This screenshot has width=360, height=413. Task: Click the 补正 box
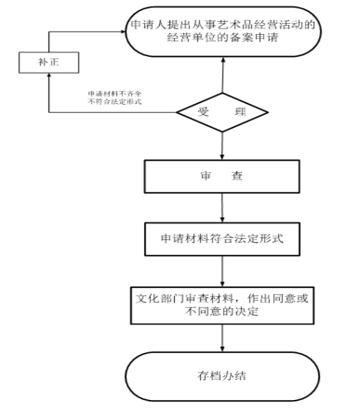coord(49,62)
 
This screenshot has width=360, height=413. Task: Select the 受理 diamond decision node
coord(222,112)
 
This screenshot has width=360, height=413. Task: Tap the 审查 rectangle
coord(222,176)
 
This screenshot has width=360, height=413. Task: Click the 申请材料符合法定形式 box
coord(222,239)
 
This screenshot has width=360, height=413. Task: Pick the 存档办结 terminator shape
coord(222,376)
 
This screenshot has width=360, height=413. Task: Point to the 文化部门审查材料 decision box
coord(222,305)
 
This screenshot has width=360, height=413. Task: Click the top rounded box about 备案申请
coord(223,31)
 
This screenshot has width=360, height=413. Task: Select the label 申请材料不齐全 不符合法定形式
coord(115,98)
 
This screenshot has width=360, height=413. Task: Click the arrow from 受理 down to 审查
coord(222,146)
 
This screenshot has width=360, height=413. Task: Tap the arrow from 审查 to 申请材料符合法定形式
coord(222,208)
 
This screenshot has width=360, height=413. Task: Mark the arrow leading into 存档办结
coord(223,338)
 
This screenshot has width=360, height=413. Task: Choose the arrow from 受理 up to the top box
coord(223,75)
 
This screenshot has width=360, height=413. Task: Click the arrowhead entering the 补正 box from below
coord(49,75)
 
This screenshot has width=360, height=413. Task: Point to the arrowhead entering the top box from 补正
coord(123,31)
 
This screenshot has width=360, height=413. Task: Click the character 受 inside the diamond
coord(204,112)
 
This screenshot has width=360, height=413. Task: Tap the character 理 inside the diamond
coord(240,112)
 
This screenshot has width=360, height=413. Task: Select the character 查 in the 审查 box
coord(237,176)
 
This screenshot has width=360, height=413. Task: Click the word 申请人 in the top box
coord(149,25)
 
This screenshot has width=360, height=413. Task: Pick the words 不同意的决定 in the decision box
coord(221,311)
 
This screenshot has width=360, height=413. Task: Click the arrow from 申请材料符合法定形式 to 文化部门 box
coord(223,271)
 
